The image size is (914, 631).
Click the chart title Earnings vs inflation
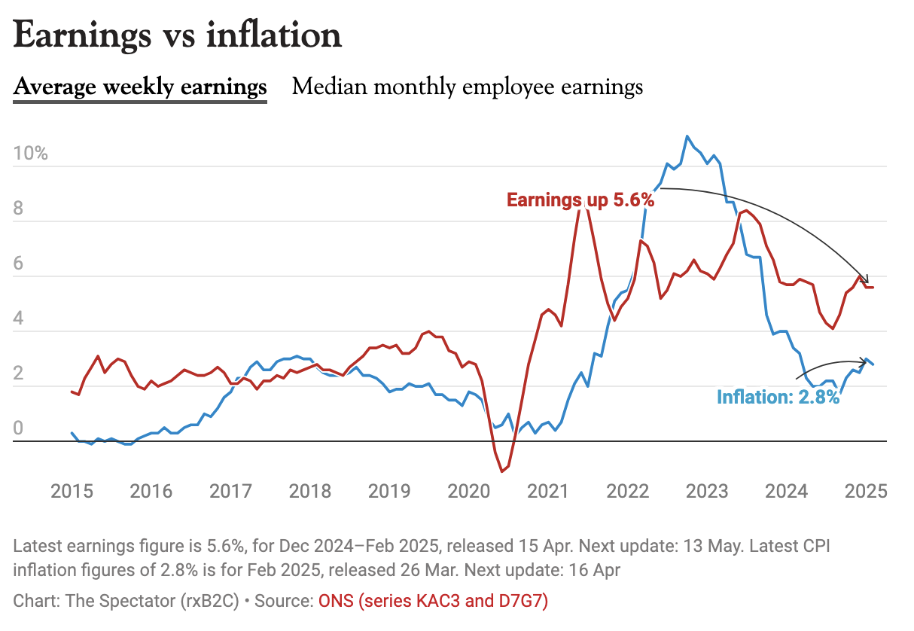tap(178, 35)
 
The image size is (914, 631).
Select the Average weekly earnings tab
tap(140, 87)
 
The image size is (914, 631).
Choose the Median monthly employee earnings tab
tap(468, 87)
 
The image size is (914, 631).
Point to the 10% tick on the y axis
tap(31, 154)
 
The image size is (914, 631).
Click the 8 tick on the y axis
tap(20, 209)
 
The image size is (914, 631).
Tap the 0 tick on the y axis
tap(20, 429)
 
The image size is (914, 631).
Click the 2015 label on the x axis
tap(72, 492)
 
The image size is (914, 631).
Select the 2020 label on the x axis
tap(469, 492)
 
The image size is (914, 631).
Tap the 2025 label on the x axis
tap(866, 492)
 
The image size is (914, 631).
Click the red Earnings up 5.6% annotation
tap(580, 200)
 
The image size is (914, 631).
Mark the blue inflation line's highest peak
tap(687, 136)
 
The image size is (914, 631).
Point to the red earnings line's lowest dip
tap(501, 471)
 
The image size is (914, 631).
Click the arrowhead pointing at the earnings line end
tap(866, 279)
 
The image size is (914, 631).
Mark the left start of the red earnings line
tap(72, 392)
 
